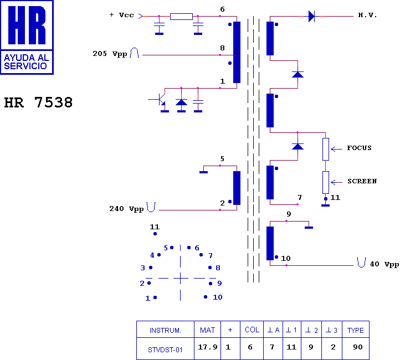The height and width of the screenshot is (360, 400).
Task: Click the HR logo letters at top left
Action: pyautogui.click(x=27, y=25)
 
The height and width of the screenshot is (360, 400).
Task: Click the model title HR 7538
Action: pyautogui.click(x=38, y=102)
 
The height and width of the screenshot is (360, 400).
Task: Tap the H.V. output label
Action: pyautogui.click(x=368, y=15)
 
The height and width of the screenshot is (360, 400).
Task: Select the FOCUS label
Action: pyautogui.click(x=359, y=148)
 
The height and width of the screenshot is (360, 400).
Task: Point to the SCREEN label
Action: pyautogui.click(x=362, y=181)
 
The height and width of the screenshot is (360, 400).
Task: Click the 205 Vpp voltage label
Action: pyautogui.click(x=110, y=54)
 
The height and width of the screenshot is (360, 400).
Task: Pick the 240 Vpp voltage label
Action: pyautogui.click(x=126, y=209)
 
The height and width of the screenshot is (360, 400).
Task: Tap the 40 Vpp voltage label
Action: pyautogui.click(x=384, y=264)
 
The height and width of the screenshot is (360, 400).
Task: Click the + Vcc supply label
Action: pyautogui.click(x=122, y=15)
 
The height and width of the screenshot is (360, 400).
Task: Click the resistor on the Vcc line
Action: pyautogui.click(x=181, y=17)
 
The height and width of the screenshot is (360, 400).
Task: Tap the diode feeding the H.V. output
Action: pyautogui.click(x=311, y=16)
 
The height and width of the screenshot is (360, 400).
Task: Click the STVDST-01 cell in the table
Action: pyautogui.click(x=165, y=350)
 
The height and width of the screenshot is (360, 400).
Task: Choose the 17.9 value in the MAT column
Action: pyautogui.click(x=208, y=347)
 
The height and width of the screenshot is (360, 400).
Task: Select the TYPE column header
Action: pyautogui.click(x=355, y=331)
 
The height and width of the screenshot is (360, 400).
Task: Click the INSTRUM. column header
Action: pyautogui.click(x=165, y=331)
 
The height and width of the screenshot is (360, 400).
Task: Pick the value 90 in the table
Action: pyautogui.click(x=358, y=347)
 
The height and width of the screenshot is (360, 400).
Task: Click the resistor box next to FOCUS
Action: pyautogui.click(x=326, y=149)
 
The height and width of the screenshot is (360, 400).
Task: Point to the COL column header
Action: pyautogui.click(x=252, y=330)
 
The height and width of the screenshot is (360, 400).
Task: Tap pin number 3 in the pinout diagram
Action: pyautogui.click(x=142, y=268)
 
